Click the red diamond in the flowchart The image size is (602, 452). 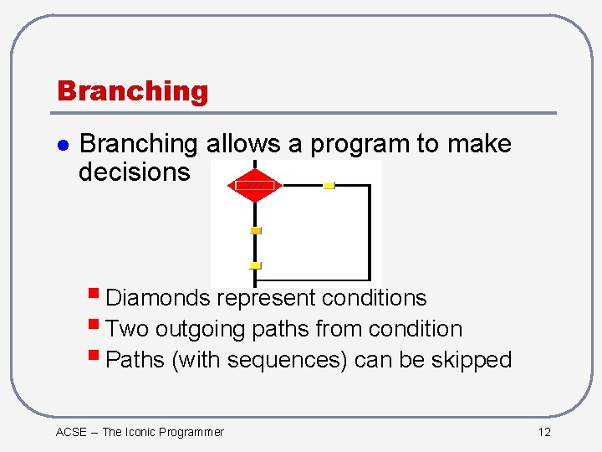[x=254, y=185]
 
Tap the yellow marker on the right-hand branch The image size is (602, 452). [x=329, y=185]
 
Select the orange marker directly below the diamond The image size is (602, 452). [x=256, y=230]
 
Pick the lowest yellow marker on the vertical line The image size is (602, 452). [x=256, y=265]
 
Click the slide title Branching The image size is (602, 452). [x=132, y=90]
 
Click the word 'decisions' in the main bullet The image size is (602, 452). [x=134, y=172]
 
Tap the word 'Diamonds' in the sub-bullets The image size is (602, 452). [x=158, y=298]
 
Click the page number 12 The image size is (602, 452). [x=544, y=432]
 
